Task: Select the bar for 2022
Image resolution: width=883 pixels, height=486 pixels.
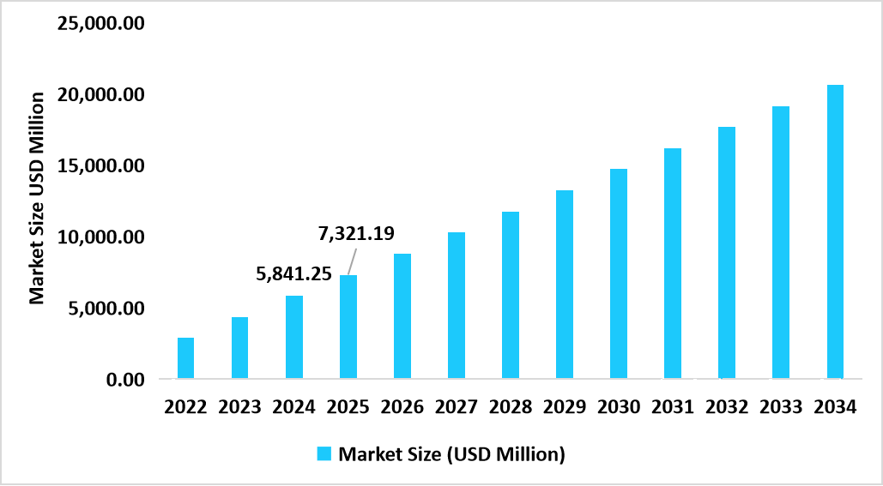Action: (x=185, y=358)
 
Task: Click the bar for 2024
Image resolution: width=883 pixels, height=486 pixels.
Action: (x=293, y=337)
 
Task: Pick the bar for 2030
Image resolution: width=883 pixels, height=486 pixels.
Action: (x=618, y=273)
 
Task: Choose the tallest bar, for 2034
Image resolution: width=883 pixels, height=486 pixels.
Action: (x=834, y=231)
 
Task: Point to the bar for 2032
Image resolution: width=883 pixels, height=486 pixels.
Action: (x=726, y=253)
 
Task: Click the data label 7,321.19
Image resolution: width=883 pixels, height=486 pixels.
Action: (x=356, y=233)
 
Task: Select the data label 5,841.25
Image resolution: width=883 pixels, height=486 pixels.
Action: (x=294, y=274)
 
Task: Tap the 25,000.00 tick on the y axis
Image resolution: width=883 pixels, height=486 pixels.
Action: (x=100, y=23)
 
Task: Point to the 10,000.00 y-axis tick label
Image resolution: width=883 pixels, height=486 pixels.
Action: (x=100, y=237)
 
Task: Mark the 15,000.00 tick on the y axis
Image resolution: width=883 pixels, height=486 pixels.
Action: (x=100, y=165)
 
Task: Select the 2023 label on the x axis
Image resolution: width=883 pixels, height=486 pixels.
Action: (x=239, y=406)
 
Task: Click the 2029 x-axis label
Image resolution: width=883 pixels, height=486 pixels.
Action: (x=564, y=406)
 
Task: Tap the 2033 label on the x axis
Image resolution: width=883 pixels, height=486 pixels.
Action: (x=780, y=406)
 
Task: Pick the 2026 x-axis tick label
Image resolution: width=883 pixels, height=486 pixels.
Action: (x=402, y=406)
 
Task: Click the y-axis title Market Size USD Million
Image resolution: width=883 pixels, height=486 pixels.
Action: (x=37, y=199)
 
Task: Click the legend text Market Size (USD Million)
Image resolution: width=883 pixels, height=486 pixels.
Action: (x=451, y=454)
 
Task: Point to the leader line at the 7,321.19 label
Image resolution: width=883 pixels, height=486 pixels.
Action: (x=352, y=260)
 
